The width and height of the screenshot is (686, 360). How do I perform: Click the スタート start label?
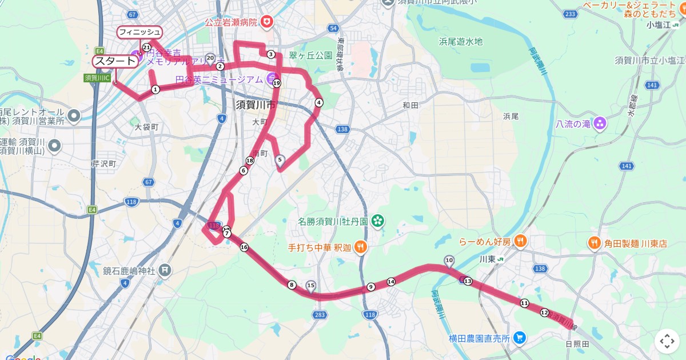coord(115,61)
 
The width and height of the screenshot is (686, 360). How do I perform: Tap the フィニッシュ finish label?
coord(139,32)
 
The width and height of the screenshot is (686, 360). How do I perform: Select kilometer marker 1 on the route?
coord(155,89)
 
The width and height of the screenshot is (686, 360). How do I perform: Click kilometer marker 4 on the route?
coord(318,103)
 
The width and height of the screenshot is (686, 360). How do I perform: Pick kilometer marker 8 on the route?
coord(292,285)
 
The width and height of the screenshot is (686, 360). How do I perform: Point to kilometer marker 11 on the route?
coord(524,303)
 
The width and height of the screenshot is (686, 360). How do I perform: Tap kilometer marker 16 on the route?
coord(245,247)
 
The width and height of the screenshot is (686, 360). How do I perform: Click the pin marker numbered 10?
coord(449,261)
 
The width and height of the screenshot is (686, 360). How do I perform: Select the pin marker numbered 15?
coord(311,285)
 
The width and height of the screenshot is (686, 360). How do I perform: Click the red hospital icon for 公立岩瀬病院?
coord(266,22)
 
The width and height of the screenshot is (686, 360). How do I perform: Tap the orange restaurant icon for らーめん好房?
coord(520,241)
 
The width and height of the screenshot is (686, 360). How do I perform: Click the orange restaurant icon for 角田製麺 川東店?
coord(595,243)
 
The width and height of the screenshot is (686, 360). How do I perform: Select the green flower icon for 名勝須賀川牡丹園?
coord(377,221)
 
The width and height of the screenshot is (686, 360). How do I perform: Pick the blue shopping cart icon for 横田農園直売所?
coord(519,338)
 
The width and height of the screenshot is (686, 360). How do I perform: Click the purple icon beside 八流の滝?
coord(600,123)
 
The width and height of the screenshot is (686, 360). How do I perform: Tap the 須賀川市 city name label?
coord(256,105)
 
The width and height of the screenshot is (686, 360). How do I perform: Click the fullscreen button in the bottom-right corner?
coord(667,341)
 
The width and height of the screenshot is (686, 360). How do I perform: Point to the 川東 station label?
coord(487,259)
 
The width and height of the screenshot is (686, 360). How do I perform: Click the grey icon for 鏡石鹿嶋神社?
coord(165,270)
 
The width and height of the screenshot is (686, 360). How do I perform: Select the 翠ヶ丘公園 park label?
coord(310,55)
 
